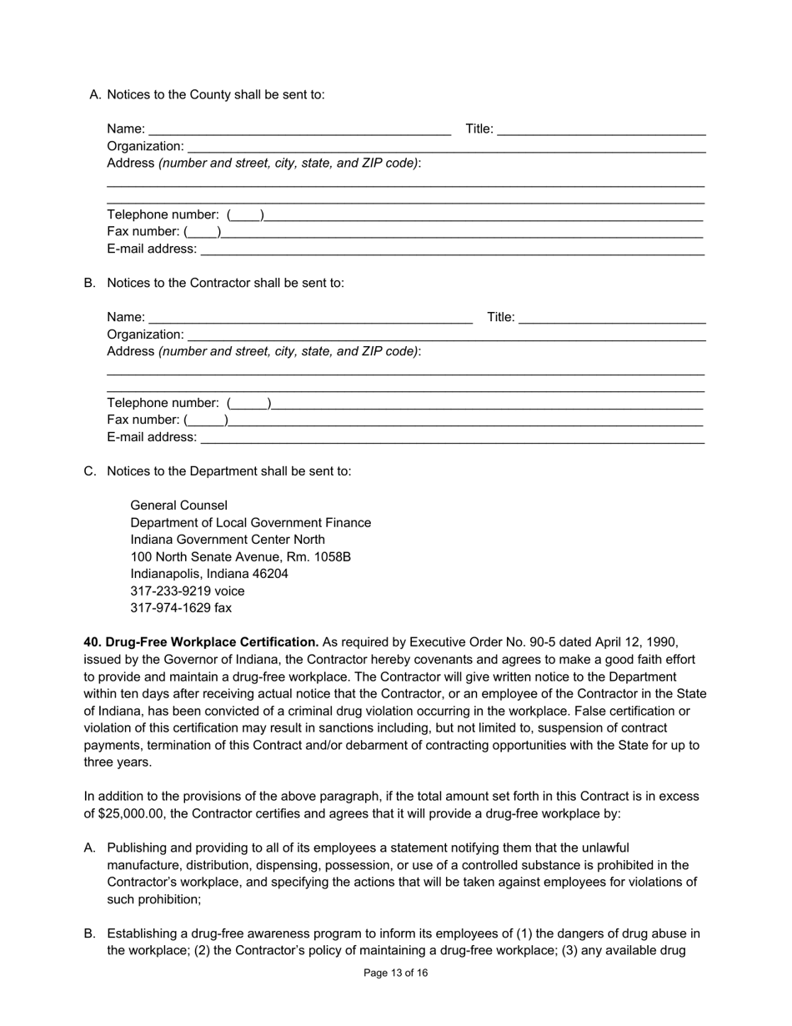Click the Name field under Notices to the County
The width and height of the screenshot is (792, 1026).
point(299,129)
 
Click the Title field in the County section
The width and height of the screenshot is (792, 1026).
point(601,129)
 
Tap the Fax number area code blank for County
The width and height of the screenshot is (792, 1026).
point(203,232)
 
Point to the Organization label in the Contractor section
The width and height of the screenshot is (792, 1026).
point(145,334)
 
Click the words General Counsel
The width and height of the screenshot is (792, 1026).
point(178,505)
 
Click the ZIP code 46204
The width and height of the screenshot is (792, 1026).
point(267,574)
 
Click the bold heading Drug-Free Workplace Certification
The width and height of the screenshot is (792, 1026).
point(212,642)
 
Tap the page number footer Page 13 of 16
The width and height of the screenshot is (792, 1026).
point(396,973)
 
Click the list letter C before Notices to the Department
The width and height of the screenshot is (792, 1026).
point(89,471)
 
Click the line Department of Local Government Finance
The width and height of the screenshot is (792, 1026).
point(250,523)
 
